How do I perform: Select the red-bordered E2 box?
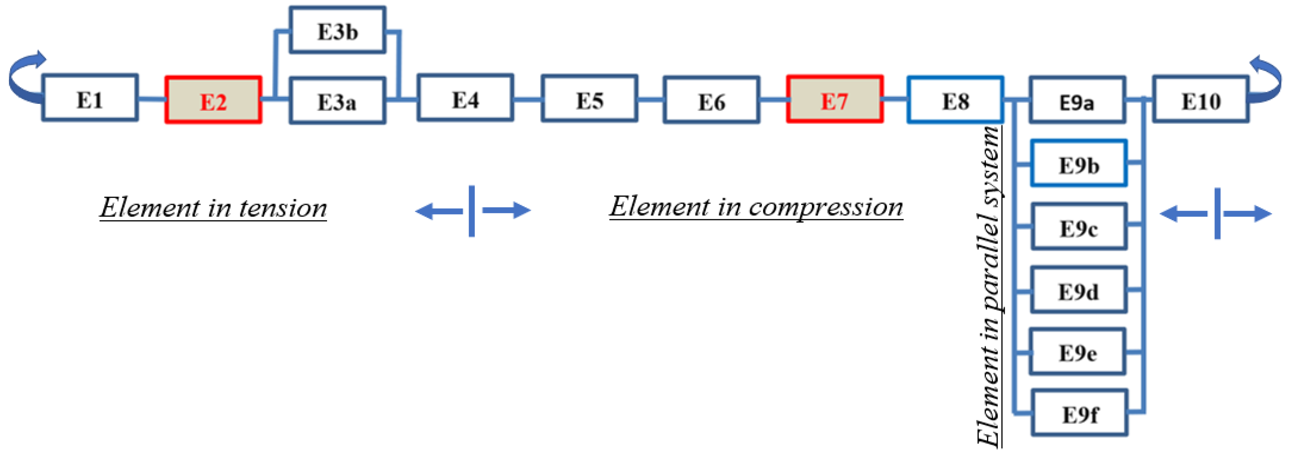point(213,100)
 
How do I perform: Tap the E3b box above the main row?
point(337,30)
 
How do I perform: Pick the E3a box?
point(337,101)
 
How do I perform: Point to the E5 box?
point(589,99)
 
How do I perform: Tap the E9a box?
point(1077,100)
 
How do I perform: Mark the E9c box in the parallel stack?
point(1078,227)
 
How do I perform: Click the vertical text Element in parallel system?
point(988,285)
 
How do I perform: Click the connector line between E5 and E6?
point(651,100)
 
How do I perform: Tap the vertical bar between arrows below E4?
point(472,211)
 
